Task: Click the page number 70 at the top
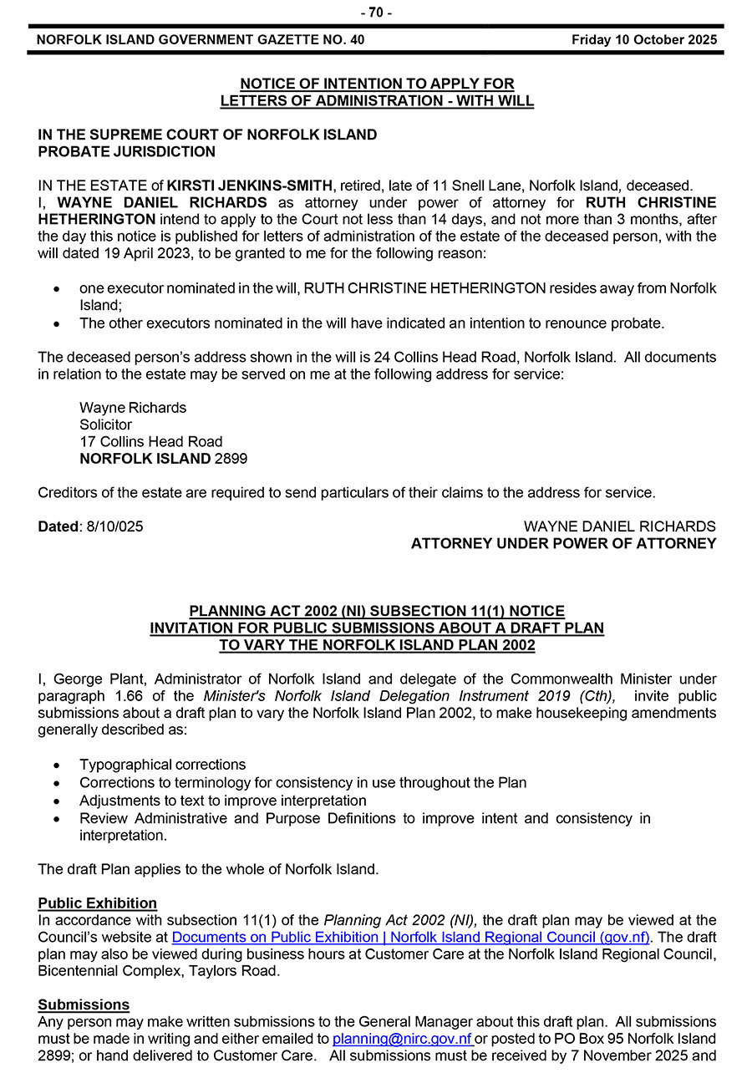coord(375,13)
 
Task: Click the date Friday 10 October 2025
coord(644,39)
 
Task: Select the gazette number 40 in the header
coord(356,39)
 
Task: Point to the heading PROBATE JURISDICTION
coord(127,152)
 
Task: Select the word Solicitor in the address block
coord(106,425)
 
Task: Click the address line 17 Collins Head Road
coord(151,441)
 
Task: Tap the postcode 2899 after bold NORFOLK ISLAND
coord(231,459)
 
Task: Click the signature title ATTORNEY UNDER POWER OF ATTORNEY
coord(563,544)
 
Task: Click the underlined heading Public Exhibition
coord(98,903)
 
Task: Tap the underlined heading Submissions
coord(84,1004)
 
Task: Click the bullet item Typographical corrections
coord(163,765)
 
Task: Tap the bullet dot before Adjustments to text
coord(56,801)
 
